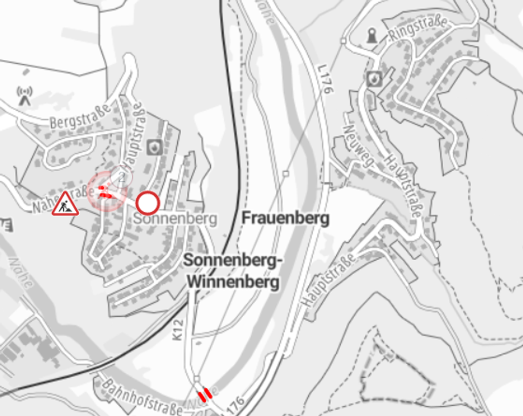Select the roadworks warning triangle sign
pyautogui.click(x=66, y=204)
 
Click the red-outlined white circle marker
pyautogui.click(x=148, y=202)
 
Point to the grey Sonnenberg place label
pyautogui.click(x=176, y=219)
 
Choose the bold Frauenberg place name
pyautogui.click(x=285, y=218)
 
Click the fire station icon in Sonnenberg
pyautogui.click(x=154, y=147)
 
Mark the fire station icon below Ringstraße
pyautogui.click(x=374, y=78)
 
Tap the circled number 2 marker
pyautogui.click(x=121, y=177)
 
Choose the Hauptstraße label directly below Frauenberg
pyautogui.click(x=329, y=280)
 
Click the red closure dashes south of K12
pyautogui.click(x=205, y=393)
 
